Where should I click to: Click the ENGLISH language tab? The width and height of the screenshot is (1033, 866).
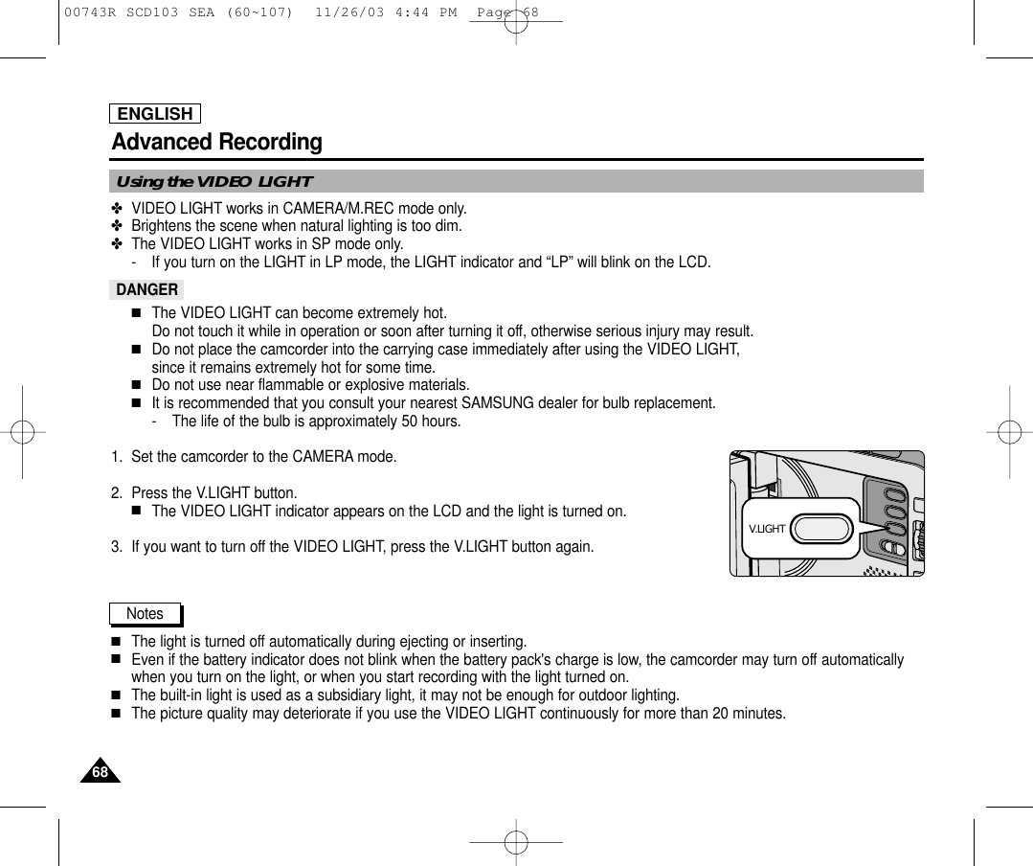[155, 114]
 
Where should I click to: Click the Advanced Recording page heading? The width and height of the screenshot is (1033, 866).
[217, 143]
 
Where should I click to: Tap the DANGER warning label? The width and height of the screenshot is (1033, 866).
[146, 289]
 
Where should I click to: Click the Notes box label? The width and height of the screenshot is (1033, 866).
[145, 613]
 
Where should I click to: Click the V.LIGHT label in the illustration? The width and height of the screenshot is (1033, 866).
[766, 529]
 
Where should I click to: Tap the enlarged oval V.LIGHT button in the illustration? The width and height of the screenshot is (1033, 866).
[823, 528]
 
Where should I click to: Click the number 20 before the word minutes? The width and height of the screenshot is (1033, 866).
[714, 714]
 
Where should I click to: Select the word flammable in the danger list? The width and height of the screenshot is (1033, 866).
[278, 386]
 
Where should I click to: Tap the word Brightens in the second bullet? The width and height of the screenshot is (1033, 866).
[161, 226]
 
